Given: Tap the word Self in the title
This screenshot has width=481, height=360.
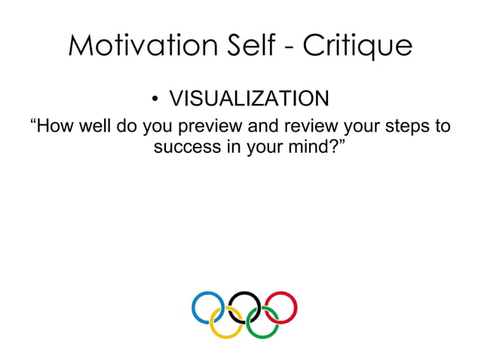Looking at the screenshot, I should pyautogui.click(x=252, y=47).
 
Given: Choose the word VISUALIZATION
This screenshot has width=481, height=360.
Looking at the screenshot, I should pyautogui.click(x=248, y=99).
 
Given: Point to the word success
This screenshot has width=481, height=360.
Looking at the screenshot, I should pyautogui.click(x=185, y=146).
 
